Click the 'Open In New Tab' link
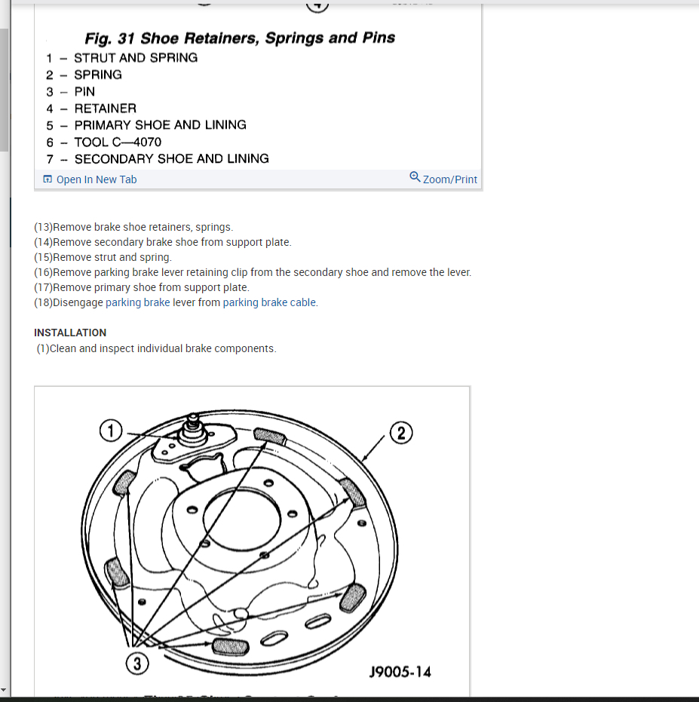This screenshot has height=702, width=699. pyautogui.click(x=96, y=179)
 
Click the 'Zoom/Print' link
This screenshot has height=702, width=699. pyautogui.click(x=449, y=179)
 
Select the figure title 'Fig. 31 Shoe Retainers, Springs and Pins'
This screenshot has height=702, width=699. pyautogui.click(x=240, y=38)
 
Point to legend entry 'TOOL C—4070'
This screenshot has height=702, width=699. pyautogui.click(x=118, y=142)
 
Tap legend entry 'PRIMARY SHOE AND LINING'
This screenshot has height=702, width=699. pyautogui.click(x=160, y=125)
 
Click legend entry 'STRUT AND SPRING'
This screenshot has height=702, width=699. pyautogui.click(x=136, y=58)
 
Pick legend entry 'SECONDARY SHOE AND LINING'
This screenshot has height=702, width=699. pyautogui.click(x=171, y=159)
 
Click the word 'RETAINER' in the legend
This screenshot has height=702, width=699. pyautogui.click(x=106, y=109)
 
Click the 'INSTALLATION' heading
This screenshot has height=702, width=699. pyautogui.click(x=70, y=333)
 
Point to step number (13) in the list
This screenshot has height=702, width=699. pyautogui.click(x=44, y=227)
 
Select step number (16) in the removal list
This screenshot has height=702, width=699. pyautogui.click(x=44, y=272)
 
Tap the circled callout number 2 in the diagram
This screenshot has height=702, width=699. pyautogui.click(x=400, y=433)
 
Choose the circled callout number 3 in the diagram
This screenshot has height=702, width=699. pyautogui.click(x=136, y=664)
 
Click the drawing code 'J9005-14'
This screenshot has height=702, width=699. pyautogui.click(x=400, y=672)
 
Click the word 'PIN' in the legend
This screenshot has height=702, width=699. pyautogui.click(x=84, y=92)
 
